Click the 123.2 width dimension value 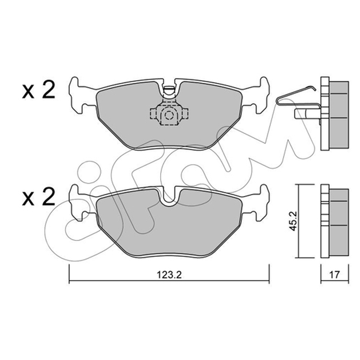click(169, 274)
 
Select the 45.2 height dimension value click(293, 221)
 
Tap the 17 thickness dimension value click(334, 274)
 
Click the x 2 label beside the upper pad click(39, 90)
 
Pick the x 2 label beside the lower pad click(39, 197)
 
